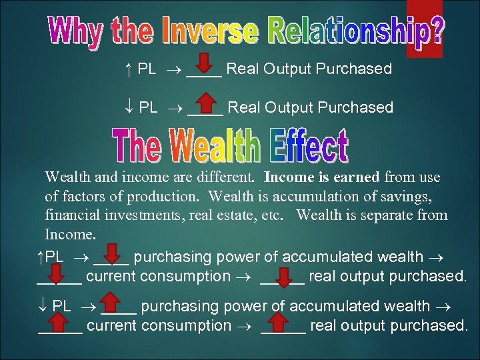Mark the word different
coord(229,177)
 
